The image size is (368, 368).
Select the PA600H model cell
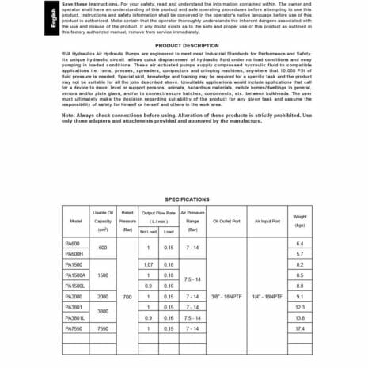[x=76, y=253]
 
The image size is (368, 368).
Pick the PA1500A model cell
[x=76, y=275]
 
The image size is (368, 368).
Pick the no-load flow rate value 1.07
[x=148, y=264]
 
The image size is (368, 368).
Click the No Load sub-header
[x=148, y=232]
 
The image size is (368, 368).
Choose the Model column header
[x=76, y=222]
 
